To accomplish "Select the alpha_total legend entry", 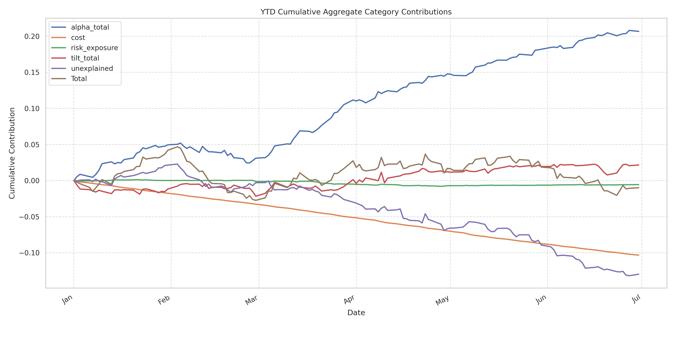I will click(90, 27).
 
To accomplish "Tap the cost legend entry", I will click(78, 37).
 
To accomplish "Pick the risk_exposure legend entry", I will click(94, 48).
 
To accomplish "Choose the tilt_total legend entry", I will click(85, 58).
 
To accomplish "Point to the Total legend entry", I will click(79, 79).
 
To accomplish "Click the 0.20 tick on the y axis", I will click(32, 36).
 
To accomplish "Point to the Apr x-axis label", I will click(349, 300).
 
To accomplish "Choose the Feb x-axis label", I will click(164, 300).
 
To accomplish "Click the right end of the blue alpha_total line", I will click(639, 31).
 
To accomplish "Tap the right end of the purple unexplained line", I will click(639, 274).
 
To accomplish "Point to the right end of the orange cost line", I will click(639, 255).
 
